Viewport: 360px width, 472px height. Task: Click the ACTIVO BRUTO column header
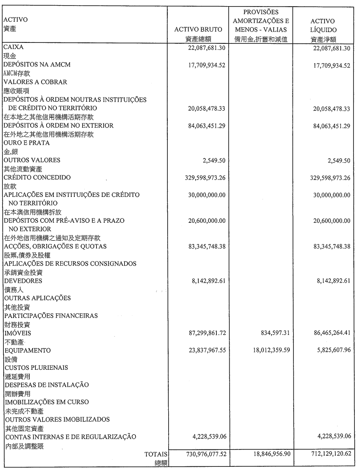198,29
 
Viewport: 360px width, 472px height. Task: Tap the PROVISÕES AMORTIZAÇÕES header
261,20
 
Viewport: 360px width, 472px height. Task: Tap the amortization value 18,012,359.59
267,350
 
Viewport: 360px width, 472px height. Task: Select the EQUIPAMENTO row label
27,350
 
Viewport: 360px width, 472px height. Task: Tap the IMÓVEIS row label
17,333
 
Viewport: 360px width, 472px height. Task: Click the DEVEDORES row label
23,281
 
